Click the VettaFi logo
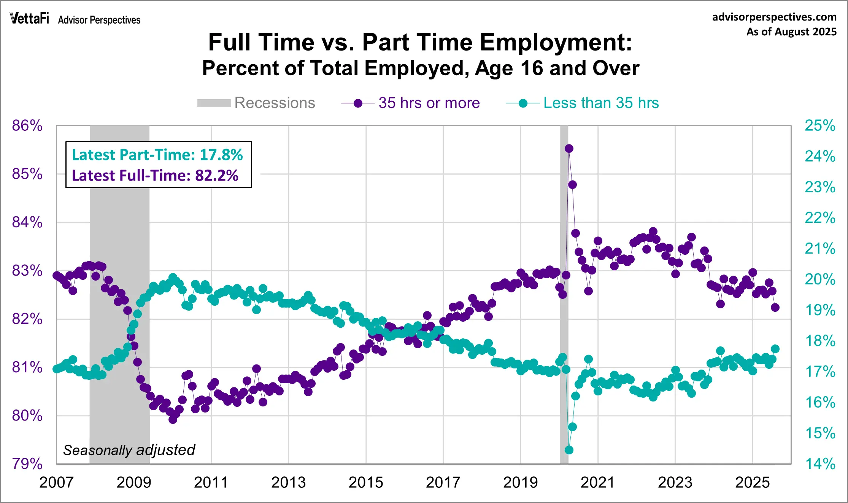click(29, 18)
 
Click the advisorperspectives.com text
click(774, 17)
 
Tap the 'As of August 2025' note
click(791, 32)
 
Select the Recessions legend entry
click(256, 103)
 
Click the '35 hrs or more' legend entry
click(411, 103)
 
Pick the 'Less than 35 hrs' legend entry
click(583, 103)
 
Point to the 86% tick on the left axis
click(27, 125)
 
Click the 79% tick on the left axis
click(27, 464)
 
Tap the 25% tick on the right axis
click(820, 125)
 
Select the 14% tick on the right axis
click(820, 464)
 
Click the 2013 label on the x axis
click(288, 482)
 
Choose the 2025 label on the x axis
click(752, 482)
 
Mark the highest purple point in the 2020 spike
click(569, 149)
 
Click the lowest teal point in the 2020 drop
click(569, 450)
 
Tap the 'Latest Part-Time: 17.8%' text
click(157, 155)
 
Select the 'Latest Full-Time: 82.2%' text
click(155, 176)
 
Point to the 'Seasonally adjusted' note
click(129, 450)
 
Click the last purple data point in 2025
click(775, 307)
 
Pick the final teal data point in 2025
click(775, 349)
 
